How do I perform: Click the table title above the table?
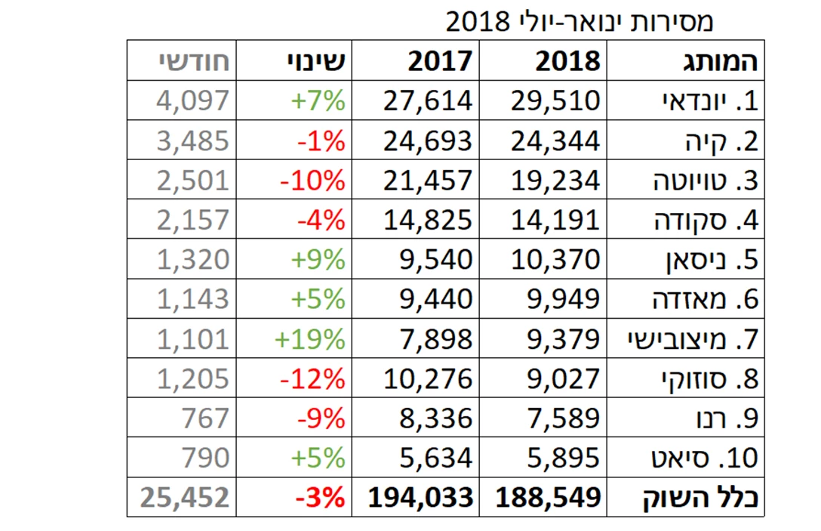pyautogui.click(x=579, y=21)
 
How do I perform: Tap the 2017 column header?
pyautogui.click(x=440, y=61)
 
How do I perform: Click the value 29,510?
pyautogui.click(x=549, y=100)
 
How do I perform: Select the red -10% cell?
pyautogui.click(x=312, y=181)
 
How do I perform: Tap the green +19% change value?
pyautogui.click(x=309, y=339)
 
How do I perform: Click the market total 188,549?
pyautogui.click(x=549, y=498)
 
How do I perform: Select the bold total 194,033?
pyautogui.click(x=421, y=498)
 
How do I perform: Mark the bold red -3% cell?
pyautogui.click(x=320, y=498)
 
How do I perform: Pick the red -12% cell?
pyautogui.click(x=312, y=378)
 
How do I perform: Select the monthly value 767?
pyautogui.click(x=205, y=418)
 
